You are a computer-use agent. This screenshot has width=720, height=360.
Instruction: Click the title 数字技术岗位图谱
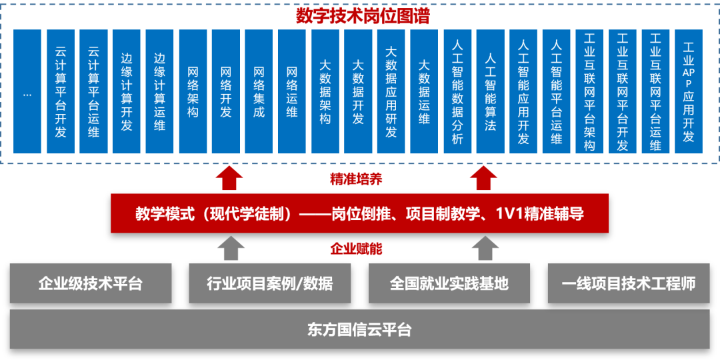pos(363,16)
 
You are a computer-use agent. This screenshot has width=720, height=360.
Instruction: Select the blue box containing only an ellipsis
pos(27,92)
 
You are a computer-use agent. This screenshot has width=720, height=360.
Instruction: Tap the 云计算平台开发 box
pos(61,92)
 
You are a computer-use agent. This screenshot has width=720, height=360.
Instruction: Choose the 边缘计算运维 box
pos(160,92)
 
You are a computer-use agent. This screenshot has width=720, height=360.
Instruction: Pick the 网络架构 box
pos(193,92)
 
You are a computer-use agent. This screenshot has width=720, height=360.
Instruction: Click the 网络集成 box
pos(259,92)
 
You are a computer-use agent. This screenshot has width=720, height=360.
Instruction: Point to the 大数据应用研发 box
pos(391,92)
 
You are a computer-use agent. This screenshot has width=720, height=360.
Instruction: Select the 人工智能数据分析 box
pos(457,92)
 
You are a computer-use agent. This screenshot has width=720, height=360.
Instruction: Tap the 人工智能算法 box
pos(491,92)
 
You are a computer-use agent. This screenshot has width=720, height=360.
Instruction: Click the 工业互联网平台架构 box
pos(590,92)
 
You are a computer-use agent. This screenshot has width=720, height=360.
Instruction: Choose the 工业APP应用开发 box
pos(689,92)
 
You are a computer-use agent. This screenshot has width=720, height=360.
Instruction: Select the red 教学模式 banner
pos(359,213)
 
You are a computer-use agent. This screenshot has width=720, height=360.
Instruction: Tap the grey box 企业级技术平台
pos(91,283)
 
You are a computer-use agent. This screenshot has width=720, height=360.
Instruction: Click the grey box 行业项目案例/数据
pos(270,283)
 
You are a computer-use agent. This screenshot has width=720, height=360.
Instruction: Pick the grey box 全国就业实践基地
pos(449,283)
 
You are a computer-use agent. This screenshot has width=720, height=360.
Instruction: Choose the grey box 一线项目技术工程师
pos(629,283)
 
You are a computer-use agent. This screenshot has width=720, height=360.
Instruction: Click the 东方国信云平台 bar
pos(359,329)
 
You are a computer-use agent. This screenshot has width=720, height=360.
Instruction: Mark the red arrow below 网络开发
pos(229,178)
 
